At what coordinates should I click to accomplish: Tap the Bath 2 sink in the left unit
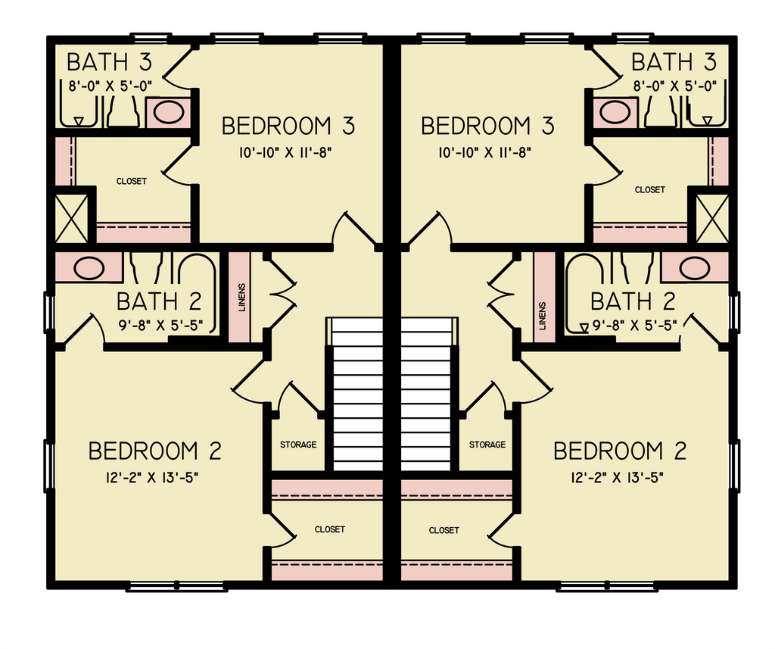[x=89, y=268]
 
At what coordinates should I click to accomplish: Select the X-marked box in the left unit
[x=72, y=218]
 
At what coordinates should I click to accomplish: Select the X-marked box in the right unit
[x=711, y=218]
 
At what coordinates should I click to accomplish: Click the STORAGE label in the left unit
[x=298, y=445]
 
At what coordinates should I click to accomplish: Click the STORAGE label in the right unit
[x=487, y=445]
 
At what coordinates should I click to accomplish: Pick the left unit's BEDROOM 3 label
[x=288, y=126]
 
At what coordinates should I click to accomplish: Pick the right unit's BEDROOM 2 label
[x=620, y=451]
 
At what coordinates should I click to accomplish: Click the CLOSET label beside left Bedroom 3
[x=131, y=182]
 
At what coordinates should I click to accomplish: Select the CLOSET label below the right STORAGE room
[x=444, y=530]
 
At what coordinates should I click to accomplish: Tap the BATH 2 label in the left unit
[x=159, y=301]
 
